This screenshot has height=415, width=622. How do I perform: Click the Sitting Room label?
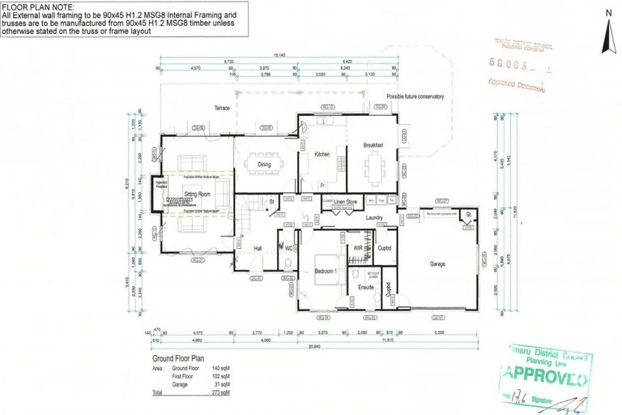[197, 195]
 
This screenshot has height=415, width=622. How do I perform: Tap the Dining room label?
[264, 165]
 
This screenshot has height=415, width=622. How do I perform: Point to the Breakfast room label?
[373, 145]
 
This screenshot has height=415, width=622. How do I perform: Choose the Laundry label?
[373, 217]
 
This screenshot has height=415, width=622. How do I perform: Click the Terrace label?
[222, 109]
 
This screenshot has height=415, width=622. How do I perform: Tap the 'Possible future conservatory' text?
[415, 96]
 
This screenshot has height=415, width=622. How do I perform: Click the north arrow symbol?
[607, 32]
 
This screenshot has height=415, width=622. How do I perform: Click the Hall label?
[258, 249]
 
